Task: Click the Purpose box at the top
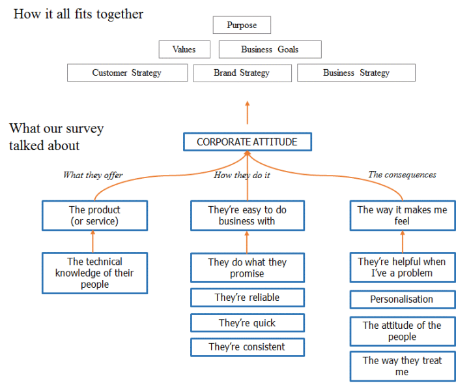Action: [242, 25]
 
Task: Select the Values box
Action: [185, 50]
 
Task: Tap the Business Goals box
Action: [270, 50]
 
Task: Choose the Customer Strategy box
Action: [127, 72]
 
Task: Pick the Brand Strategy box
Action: [242, 72]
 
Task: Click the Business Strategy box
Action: [356, 72]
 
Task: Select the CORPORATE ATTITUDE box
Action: [247, 142]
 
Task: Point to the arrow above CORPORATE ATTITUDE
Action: [247, 112]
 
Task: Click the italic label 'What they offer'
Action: [93, 175]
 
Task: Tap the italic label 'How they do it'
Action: [242, 175]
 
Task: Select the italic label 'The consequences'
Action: [402, 175]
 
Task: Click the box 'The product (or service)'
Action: [95, 215]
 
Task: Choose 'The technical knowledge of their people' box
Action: [95, 273]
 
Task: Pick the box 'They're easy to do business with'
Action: [247, 215]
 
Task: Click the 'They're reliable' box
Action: [247, 298]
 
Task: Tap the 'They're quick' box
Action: [247, 323]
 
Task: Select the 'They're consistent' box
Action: [247, 347]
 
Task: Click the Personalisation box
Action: [402, 299]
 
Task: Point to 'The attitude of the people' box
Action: [402, 331]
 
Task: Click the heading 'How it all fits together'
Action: [78, 14]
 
